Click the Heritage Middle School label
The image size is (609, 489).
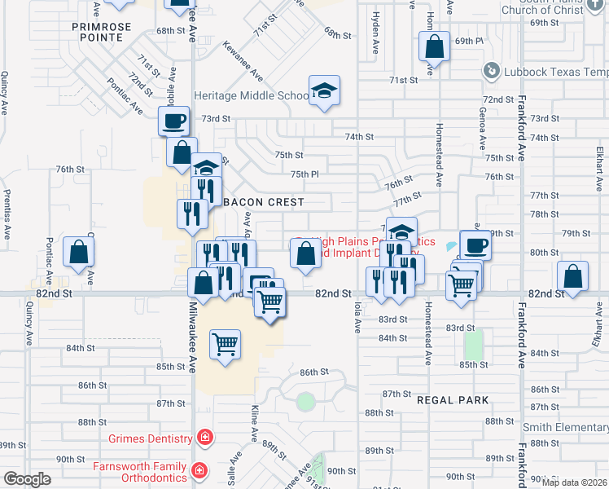pos(251,95)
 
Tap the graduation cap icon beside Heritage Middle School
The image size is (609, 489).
pos(324,90)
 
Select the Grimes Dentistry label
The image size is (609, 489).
pos(151,438)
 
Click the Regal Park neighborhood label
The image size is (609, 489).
pos(453,400)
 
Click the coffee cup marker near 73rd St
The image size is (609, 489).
pos(173,122)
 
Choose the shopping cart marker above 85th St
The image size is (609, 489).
pos(225,343)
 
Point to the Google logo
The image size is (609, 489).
pos(27,479)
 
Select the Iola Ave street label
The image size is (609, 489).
pos(357,315)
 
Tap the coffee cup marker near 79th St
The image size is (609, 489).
pos(475,244)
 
